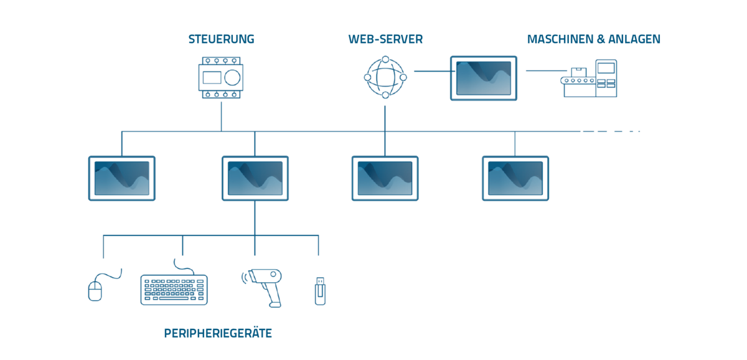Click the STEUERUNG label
(x=221, y=39)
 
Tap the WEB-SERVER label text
(x=385, y=39)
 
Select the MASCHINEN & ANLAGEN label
(x=593, y=39)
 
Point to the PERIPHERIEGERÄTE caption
(x=218, y=333)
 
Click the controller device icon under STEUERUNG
(x=221, y=77)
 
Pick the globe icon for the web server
(x=385, y=77)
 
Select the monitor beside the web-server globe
(x=484, y=78)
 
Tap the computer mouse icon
(x=95, y=288)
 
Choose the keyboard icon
(x=174, y=289)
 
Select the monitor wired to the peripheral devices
(x=255, y=178)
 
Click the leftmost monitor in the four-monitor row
(x=121, y=178)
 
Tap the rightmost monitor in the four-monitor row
(x=515, y=178)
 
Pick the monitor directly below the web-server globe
(x=385, y=178)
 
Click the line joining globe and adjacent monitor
(x=430, y=71)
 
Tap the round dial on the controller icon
(x=232, y=77)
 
